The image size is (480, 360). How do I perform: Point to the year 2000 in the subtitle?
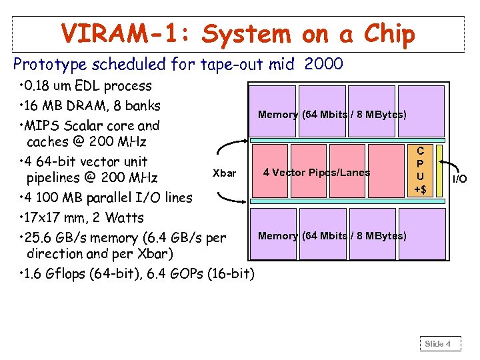[x=323, y=64]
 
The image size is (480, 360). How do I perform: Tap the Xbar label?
[x=224, y=173]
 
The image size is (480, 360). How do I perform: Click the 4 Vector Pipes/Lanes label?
[x=317, y=173]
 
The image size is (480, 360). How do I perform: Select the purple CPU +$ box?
[x=421, y=169]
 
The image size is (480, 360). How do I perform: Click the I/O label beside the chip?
[x=460, y=179]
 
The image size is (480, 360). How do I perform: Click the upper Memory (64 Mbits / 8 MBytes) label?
[x=332, y=115]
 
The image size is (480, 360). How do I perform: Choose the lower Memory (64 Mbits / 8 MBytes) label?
[x=332, y=236]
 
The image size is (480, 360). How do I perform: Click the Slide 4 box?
[x=438, y=343]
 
